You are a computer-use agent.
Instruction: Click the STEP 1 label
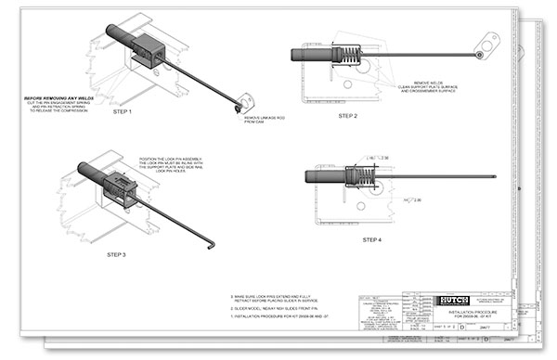tap(148, 111)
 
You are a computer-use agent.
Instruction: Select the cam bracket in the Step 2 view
tap(482, 45)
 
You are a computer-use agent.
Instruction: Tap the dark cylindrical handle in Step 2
tap(311, 56)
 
